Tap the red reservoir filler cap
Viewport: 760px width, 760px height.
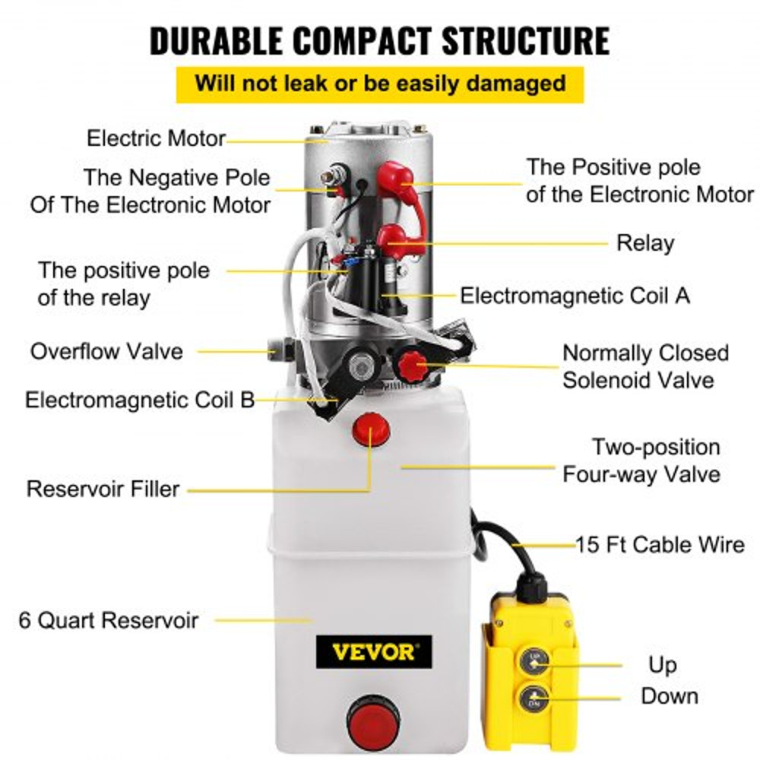pos(370,431)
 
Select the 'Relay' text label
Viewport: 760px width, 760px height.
pos(645,243)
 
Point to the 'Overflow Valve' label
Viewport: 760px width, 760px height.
pos(106,352)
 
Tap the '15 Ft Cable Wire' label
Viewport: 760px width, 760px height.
pos(660,544)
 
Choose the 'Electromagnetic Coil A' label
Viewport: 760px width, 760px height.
pos(575,295)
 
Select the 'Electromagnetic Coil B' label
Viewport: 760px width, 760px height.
pos(140,400)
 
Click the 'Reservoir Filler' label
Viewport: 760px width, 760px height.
pos(103,488)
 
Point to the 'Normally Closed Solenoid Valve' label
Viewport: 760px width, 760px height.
pos(645,366)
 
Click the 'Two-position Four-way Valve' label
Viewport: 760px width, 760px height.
pos(641,461)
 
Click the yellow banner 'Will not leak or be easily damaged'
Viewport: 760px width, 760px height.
pos(380,83)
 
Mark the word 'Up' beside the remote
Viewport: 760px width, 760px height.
pos(662,666)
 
